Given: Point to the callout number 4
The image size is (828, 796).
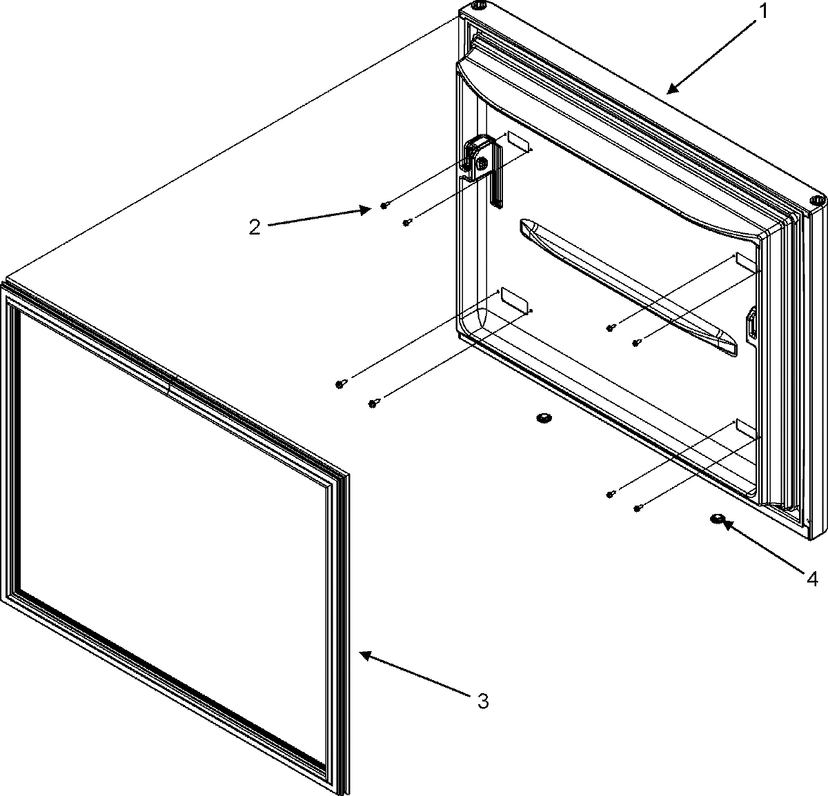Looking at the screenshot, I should pos(811,579).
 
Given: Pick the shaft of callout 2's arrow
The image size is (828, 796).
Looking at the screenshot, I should pos(317,217).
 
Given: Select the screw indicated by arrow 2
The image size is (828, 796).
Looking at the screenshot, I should pos(384,206).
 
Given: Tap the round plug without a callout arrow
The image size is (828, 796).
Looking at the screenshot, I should pos(544,418).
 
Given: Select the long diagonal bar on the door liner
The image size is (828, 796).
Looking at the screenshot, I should pos(628,285).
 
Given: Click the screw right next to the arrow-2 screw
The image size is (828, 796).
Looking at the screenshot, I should pos(407,222).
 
